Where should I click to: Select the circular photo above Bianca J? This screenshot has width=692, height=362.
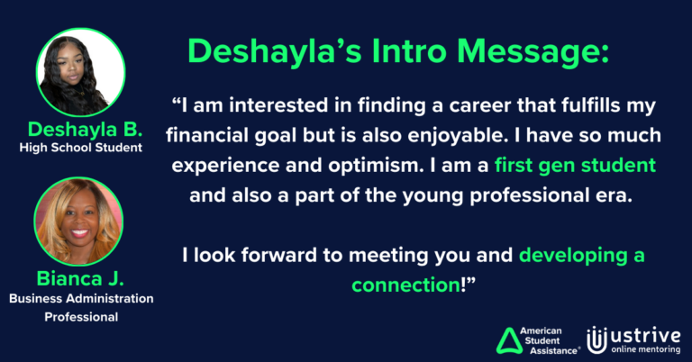coord(78,221)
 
